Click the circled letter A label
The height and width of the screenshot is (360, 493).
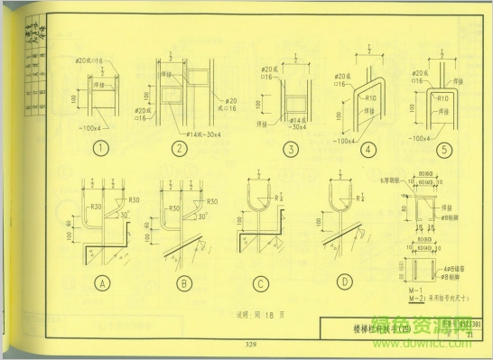click(x=102, y=284)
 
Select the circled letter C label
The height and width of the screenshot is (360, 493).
click(x=261, y=284)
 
